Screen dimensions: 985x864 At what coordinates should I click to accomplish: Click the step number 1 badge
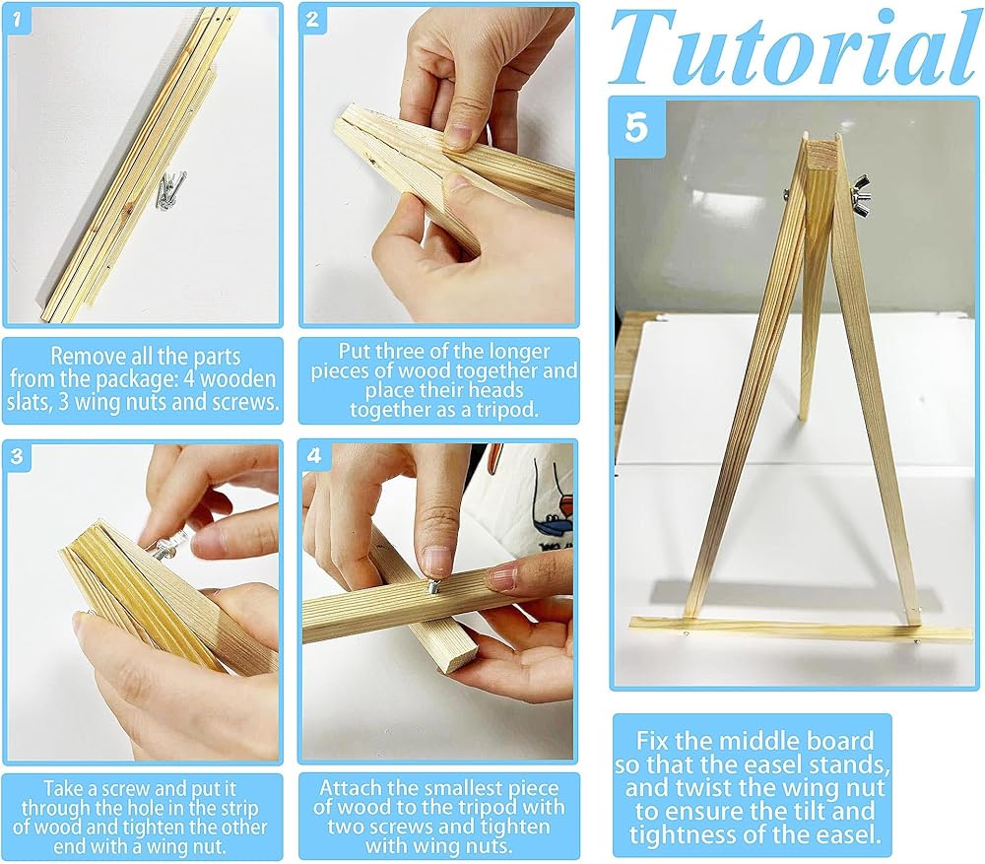(17, 20)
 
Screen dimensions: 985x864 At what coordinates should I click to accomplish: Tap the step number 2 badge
(312, 20)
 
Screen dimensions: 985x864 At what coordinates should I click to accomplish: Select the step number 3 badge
(17, 455)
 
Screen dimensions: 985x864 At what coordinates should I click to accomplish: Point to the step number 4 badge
(313, 455)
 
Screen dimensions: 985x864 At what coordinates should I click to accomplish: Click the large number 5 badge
(636, 127)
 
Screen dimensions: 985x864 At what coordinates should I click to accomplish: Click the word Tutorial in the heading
(794, 49)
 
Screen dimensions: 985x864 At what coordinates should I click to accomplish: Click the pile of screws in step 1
(170, 189)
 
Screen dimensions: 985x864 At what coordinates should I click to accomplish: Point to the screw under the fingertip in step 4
(433, 586)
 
